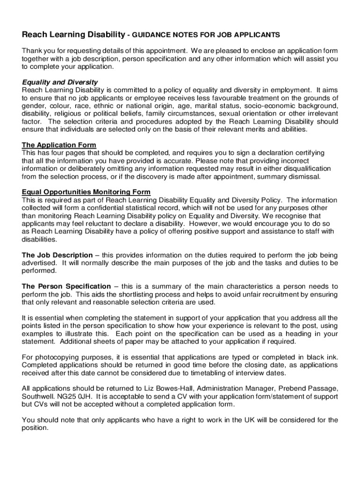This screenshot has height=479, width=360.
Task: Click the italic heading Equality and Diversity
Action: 60,82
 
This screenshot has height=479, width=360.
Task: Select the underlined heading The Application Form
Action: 59,145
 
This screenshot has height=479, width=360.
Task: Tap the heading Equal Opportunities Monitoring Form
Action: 86,192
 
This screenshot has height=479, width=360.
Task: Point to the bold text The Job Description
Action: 57,255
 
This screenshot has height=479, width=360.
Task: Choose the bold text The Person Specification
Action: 66,286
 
